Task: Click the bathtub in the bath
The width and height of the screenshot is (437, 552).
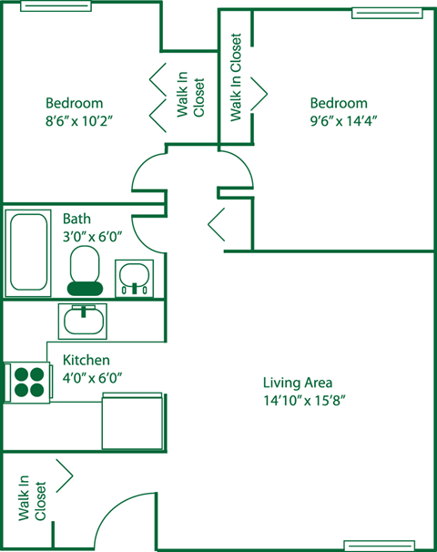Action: tap(28, 252)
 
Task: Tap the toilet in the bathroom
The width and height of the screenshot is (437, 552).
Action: tap(85, 271)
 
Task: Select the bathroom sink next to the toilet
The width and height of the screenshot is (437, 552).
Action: tap(134, 279)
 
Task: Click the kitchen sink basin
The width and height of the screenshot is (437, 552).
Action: tap(83, 321)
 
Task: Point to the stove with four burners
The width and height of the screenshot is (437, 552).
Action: tap(28, 382)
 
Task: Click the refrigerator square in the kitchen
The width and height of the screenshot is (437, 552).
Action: tap(133, 421)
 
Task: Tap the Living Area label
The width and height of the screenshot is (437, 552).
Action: tap(298, 383)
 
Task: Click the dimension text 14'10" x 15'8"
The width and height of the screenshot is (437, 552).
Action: tap(304, 401)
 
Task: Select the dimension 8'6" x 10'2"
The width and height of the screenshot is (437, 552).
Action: tap(79, 121)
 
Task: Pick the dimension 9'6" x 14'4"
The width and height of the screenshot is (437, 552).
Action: tap(343, 121)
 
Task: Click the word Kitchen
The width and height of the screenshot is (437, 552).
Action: tap(86, 360)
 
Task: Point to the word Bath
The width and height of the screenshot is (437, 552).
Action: tap(76, 219)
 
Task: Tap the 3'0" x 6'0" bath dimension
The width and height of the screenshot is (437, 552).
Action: tap(92, 237)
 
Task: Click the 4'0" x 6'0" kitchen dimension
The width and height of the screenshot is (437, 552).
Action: tap(92, 378)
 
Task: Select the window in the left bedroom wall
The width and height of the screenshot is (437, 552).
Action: tap(56, 6)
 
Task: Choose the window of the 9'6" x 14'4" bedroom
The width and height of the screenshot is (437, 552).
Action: tap(387, 14)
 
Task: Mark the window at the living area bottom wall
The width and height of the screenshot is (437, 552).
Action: tap(380, 546)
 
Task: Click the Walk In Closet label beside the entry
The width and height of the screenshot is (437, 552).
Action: tap(32, 497)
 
